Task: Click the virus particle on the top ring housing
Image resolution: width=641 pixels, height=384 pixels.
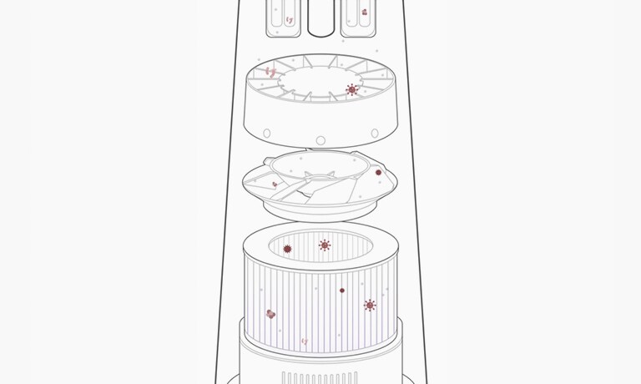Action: [x=352, y=89]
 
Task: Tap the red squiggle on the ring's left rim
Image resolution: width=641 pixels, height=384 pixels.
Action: [x=270, y=72]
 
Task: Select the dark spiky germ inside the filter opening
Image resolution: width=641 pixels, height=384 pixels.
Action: [x=288, y=249]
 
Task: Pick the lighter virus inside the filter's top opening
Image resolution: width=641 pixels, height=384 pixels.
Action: [x=325, y=245]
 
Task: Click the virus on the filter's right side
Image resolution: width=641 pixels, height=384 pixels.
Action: [x=370, y=306]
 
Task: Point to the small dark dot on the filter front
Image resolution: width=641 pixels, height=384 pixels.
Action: [x=342, y=291]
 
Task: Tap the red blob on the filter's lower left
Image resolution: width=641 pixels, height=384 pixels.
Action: [x=270, y=314]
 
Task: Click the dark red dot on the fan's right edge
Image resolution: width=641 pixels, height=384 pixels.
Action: [x=378, y=173]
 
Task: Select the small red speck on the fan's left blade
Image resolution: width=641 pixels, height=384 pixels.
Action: [x=275, y=184]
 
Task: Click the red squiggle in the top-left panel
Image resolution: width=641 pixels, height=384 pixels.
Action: [x=289, y=18]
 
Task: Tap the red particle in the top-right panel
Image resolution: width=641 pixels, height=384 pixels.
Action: [x=364, y=13]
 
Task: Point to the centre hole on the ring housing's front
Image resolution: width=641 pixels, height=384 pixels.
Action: [x=320, y=139]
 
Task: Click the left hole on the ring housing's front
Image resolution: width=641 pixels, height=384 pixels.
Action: [x=266, y=133]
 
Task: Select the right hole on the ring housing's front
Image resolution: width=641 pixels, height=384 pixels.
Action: [x=374, y=133]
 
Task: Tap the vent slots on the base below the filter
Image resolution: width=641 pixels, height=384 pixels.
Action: [x=320, y=376]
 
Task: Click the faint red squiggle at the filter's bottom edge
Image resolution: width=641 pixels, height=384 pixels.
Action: [x=304, y=341]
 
